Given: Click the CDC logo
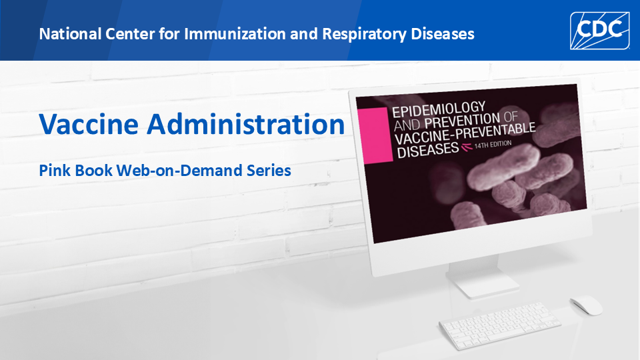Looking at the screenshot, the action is (599, 31).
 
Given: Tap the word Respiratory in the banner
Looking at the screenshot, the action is (364, 34).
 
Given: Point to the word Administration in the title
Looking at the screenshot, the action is (246, 124).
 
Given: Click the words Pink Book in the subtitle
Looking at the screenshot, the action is (75, 170).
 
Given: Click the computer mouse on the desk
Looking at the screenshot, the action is (586, 305).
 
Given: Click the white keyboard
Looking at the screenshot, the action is (499, 325).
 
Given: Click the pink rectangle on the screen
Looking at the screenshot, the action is (375, 136).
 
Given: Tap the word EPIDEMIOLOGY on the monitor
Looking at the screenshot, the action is (439, 109).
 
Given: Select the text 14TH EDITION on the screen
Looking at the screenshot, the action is (493, 145).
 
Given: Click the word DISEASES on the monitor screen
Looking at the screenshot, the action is (428, 150).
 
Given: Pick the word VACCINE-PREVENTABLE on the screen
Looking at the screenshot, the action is (465, 134).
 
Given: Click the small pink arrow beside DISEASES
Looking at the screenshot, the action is (467, 147).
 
